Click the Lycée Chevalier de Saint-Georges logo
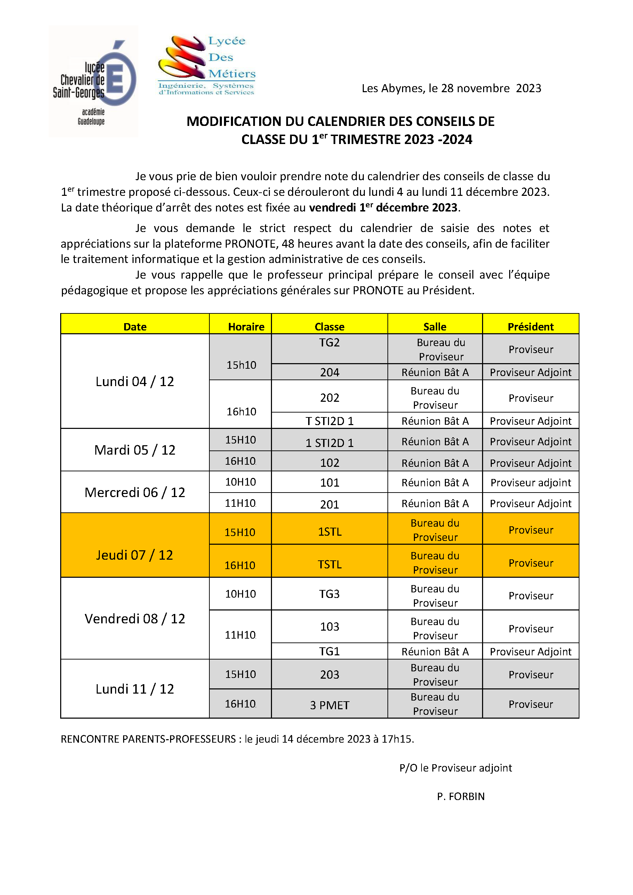94,81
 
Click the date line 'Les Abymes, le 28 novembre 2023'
451,88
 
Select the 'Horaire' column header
246,327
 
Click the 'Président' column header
530,327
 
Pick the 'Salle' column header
435,327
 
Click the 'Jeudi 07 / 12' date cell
135,555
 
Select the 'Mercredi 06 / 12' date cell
135,492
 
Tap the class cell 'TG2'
329,343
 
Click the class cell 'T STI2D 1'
329,421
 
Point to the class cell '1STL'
329,532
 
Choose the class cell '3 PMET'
329,705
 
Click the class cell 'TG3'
329,594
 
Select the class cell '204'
329,372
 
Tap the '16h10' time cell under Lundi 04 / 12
241,411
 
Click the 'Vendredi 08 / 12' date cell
135,618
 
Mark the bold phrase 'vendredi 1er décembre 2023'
383,207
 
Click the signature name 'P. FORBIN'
460,796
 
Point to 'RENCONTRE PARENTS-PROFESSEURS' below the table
148,739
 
